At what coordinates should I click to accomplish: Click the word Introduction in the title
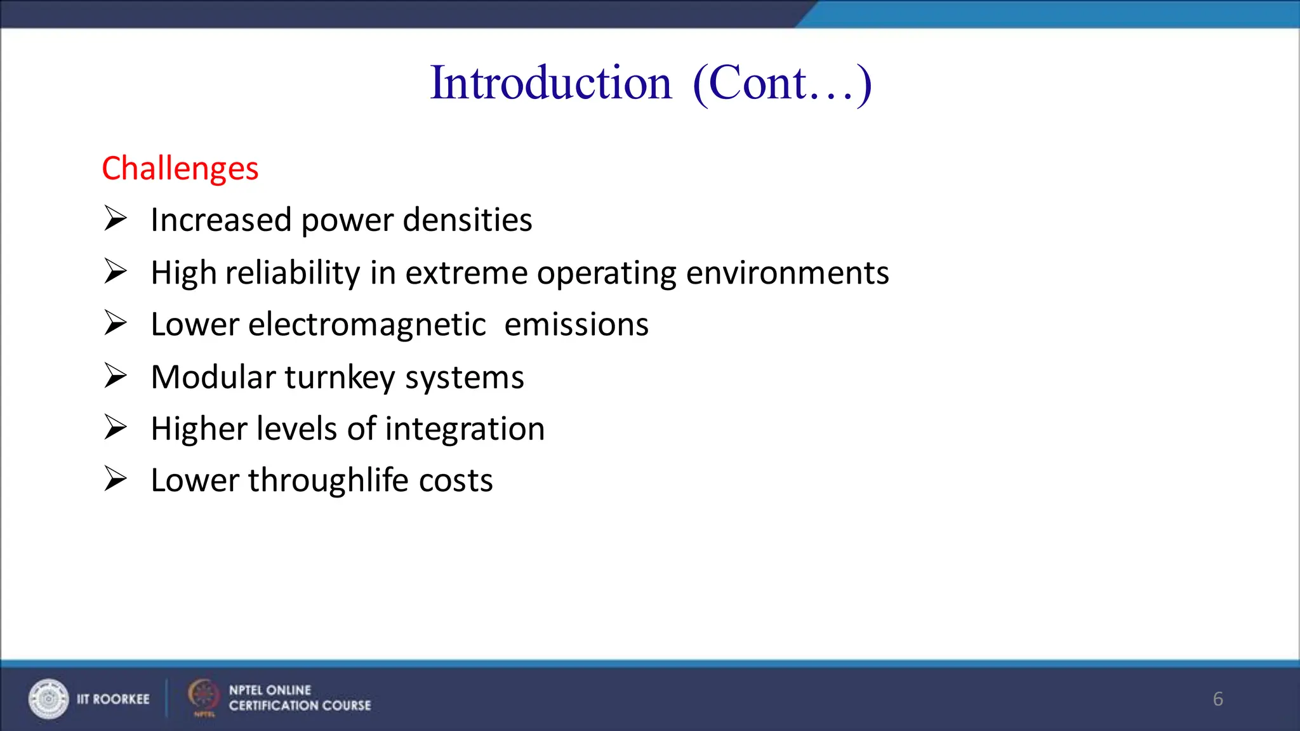click(550, 83)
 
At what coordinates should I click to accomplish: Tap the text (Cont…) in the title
click(782, 83)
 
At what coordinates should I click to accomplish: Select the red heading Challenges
click(180, 169)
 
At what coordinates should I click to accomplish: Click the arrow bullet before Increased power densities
click(116, 219)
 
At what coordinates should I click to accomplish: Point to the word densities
click(467, 220)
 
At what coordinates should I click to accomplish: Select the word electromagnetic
click(367, 325)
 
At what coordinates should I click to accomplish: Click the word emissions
click(576, 325)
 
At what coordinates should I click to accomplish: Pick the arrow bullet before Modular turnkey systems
click(116, 376)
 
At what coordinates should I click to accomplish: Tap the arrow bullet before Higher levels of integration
click(116, 427)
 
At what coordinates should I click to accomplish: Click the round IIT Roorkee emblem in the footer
click(48, 699)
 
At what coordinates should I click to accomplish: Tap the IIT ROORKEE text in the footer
click(113, 699)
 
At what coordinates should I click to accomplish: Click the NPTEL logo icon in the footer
click(203, 695)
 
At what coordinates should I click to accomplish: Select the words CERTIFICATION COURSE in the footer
click(300, 706)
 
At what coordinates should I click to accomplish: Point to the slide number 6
click(1217, 699)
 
